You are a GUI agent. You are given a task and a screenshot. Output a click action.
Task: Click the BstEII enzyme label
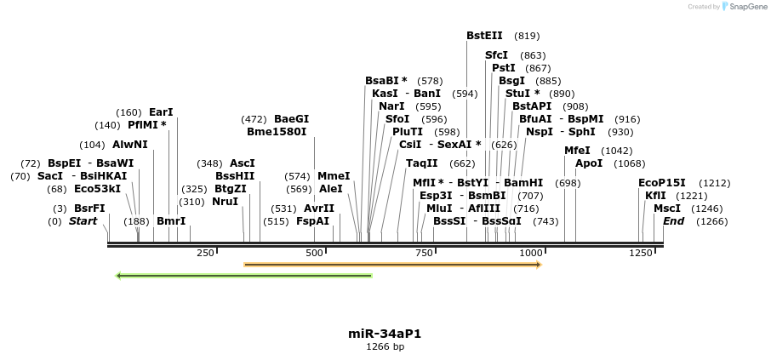click(484, 36)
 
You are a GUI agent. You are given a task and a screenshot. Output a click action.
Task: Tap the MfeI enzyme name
click(577, 151)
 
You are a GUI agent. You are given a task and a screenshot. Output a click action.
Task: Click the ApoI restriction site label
click(589, 163)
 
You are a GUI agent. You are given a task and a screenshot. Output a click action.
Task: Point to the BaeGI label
click(291, 119)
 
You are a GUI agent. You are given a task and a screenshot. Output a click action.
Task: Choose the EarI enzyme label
click(161, 112)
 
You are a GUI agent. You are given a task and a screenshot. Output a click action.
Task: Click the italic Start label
click(83, 221)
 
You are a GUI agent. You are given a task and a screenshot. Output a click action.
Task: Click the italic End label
click(673, 221)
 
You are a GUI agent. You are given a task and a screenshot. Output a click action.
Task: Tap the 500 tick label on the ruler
click(315, 254)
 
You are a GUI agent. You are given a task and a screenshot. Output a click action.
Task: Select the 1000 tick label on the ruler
click(531, 254)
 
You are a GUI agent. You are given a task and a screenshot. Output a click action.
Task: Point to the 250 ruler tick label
click(205, 254)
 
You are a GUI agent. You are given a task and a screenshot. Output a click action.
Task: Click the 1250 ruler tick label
click(640, 254)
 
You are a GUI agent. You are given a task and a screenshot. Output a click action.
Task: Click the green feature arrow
click(243, 276)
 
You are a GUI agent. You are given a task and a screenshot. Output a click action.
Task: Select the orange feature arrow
click(392, 265)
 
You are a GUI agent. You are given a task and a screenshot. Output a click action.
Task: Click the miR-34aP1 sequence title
click(385, 334)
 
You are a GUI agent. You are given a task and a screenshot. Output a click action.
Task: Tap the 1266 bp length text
click(385, 347)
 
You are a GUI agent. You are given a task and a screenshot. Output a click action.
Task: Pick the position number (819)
click(527, 37)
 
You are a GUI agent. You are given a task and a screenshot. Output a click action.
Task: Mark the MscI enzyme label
click(667, 209)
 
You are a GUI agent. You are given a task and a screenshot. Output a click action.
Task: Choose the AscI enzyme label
click(242, 163)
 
